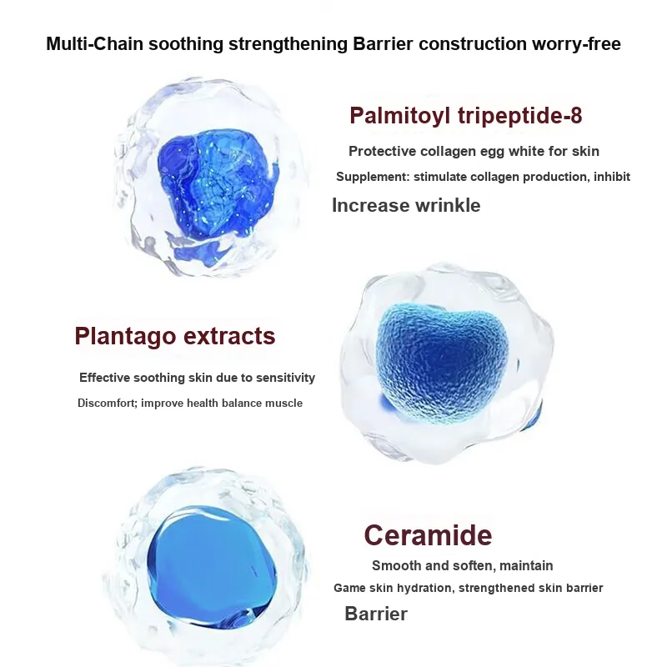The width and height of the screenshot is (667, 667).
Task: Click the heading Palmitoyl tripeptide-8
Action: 466,116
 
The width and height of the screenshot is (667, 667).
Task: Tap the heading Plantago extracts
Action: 175,336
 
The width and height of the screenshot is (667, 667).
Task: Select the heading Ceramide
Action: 428,535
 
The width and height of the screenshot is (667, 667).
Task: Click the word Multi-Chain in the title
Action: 94,44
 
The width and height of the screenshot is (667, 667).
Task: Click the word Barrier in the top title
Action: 383,44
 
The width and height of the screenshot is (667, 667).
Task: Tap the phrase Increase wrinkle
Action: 406,205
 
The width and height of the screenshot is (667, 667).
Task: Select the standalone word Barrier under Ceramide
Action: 376,614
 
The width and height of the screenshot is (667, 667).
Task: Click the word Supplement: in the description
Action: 373,177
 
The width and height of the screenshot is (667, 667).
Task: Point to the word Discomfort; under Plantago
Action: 108,403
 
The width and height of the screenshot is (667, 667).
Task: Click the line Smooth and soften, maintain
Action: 463,565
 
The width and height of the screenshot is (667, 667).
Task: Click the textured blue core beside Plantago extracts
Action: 443,363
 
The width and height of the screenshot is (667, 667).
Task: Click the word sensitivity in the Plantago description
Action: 285,378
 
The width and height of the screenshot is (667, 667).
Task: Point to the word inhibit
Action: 612,177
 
